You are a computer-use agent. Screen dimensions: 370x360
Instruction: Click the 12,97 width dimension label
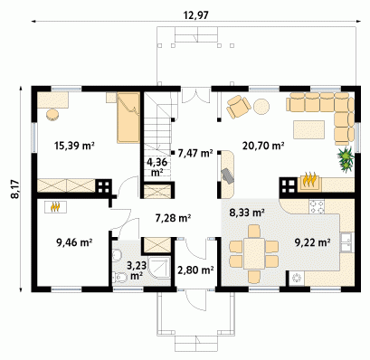[x=196, y=15]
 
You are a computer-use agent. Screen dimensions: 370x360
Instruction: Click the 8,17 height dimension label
[x=14, y=189]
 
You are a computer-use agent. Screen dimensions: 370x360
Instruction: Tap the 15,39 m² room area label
[x=74, y=146]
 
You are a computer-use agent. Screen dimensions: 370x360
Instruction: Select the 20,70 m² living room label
[x=263, y=146]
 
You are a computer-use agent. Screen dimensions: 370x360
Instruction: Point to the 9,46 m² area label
[x=74, y=242]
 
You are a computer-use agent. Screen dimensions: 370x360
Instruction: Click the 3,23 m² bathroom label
[x=137, y=270]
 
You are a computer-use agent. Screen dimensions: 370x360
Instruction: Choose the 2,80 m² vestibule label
[x=195, y=270]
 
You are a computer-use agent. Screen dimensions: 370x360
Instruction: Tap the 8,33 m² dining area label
[x=247, y=213]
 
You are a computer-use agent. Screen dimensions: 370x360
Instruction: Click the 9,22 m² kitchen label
[x=312, y=242]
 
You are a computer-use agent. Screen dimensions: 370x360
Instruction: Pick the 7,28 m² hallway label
[x=173, y=218]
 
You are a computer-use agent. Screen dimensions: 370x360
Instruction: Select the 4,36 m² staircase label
[x=157, y=167]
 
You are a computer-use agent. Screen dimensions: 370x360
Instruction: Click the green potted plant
[x=346, y=159]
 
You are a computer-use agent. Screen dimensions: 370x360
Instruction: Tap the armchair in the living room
[x=239, y=107]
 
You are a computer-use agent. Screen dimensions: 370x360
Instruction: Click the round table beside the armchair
[x=261, y=107]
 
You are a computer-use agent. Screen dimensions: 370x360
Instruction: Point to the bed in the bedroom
[x=128, y=118]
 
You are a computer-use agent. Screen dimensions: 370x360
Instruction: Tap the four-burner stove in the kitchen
[x=317, y=207]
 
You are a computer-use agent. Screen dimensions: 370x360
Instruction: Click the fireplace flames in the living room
[x=308, y=180]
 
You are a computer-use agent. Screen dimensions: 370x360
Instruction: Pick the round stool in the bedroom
[x=53, y=115]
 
